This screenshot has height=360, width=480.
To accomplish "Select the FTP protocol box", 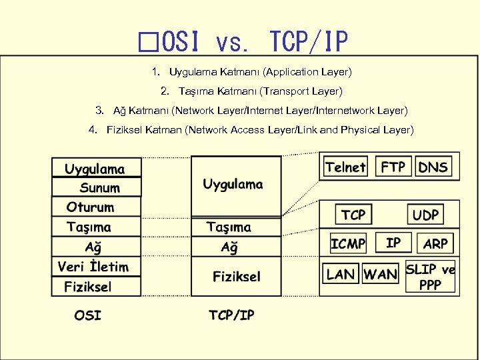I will pyautogui.click(x=393, y=167).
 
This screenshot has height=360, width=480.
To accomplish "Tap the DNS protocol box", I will pyautogui.click(x=433, y=167).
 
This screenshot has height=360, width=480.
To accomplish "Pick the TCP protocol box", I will pyautogui.click(x=353, y=215).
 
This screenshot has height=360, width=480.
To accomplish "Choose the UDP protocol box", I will pyautogui.click(x=425, y=215).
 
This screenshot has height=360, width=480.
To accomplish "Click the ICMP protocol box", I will pyautogui.click(x=348, y=243).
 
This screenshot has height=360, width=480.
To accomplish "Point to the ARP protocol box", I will pyautogui.click(x=435, y=243).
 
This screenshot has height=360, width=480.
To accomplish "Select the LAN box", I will pyautogui.click(x=341, y=273).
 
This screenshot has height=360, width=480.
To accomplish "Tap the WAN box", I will pyautogui.click(x=381, y=273).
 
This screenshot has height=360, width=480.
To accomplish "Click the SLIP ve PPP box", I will pyautogui.click(x=430, y=277).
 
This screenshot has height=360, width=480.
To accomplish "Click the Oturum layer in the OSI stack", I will pyautogui.click(x=91, y=207).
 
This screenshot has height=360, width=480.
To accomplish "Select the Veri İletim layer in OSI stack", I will pyautogui.click(x=93, y=267).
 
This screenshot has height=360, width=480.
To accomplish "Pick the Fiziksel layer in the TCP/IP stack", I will pyautogui.click(x=237, y=276).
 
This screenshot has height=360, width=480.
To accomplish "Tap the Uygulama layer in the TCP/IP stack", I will pyautogui.click(x=233, y=184).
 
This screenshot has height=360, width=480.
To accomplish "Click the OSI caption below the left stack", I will pyautogui.click(x=88, y=314).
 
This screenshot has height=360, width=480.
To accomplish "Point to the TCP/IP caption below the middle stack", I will pyautogui.click(x=231, y=315).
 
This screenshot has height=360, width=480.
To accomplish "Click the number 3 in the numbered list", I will pyautogui.click(x=99, y=109).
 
